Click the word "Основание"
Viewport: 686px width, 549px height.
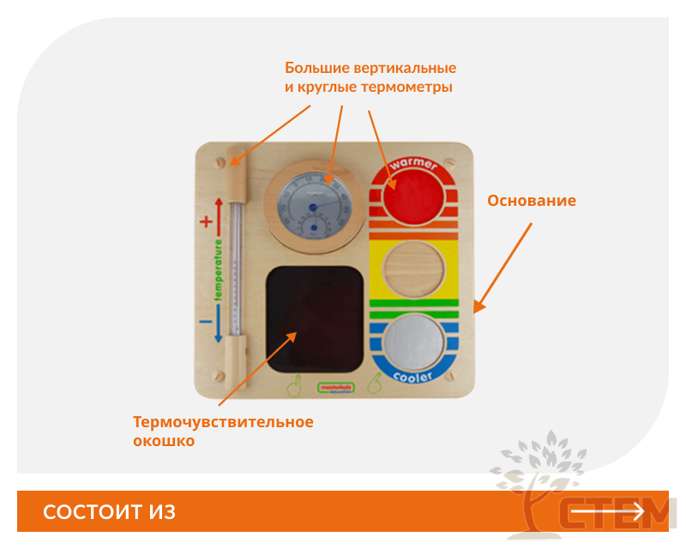point(532,201)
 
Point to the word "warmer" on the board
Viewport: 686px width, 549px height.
point(413,163)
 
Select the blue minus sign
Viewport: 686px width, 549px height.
point(206,322)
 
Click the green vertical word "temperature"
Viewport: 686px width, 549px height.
point(219,271)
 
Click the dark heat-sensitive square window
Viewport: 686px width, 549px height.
point(315,317)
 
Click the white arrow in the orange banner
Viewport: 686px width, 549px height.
point(607,512)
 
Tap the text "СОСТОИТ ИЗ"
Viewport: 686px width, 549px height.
point(109,512)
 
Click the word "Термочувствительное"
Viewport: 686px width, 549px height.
point(223,422)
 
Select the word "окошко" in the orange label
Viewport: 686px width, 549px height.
point(164,441)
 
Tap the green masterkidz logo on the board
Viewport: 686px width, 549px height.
point(334,388)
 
